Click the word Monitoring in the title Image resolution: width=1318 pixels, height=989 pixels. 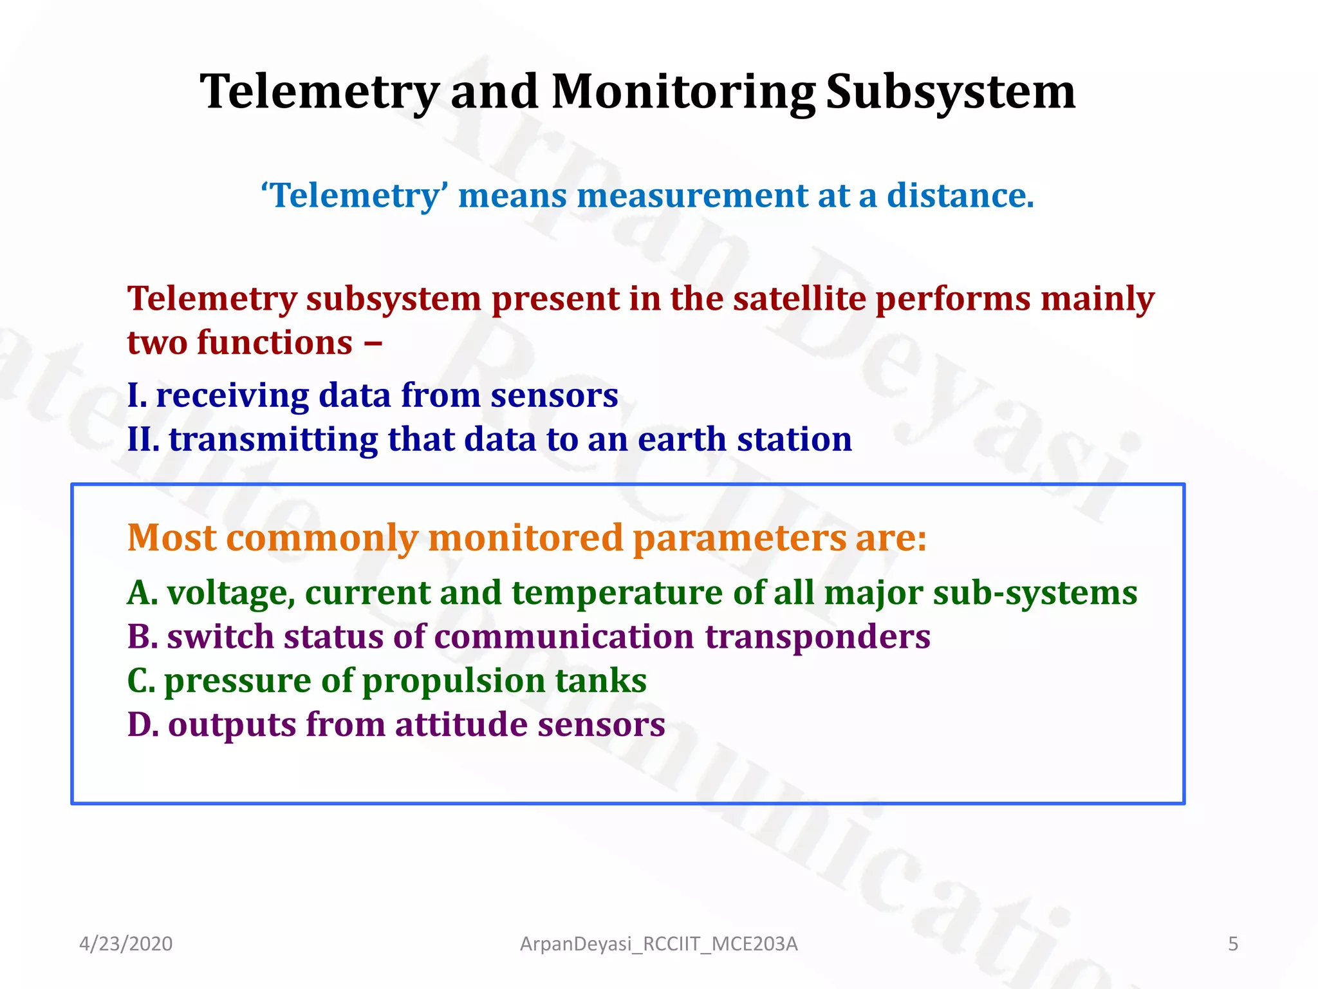click(683, 92)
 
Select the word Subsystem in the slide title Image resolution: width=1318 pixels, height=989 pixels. click(950, 92)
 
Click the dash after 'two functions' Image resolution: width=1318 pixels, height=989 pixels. click(373, 343)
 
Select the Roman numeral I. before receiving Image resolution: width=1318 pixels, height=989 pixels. click(137, 395)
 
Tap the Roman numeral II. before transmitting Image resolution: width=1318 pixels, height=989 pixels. click(143, 440)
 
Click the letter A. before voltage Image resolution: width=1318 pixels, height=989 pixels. click(142, 593)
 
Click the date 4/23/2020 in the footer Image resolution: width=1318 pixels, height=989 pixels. click(125, 944)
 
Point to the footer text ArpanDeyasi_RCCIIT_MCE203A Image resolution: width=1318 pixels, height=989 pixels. click(658, 944)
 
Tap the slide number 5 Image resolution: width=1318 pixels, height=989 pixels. click(1232, 944)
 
